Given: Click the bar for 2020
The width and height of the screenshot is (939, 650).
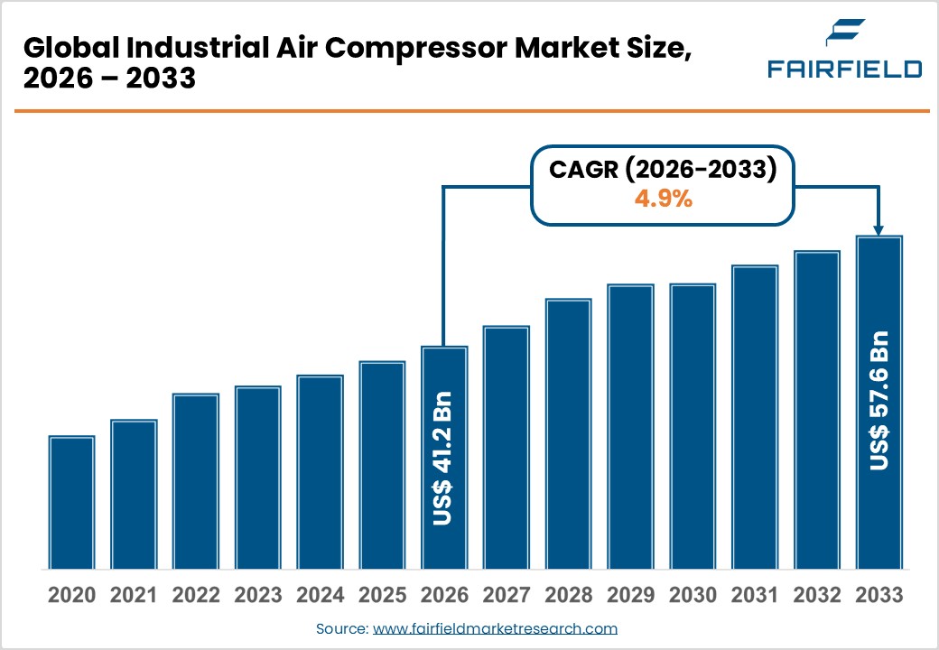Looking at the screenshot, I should click(72, 503).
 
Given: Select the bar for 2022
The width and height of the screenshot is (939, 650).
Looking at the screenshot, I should click(196, 481).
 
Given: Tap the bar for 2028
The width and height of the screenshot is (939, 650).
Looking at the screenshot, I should click(568, 434).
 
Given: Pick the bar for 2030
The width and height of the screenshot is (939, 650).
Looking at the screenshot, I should click(693, 426).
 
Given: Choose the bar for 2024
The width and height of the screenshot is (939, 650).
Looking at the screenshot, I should click(320, 472).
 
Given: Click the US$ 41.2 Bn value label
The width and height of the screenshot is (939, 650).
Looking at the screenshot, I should click(443, 458).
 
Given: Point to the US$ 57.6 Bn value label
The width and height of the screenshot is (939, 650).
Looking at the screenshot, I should click(879, 400).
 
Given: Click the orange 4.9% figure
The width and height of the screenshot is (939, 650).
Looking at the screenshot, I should click(663, 200).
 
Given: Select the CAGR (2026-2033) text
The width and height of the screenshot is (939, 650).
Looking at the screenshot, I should click(663, 169).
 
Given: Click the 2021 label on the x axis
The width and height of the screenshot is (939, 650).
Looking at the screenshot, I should click(134, 596).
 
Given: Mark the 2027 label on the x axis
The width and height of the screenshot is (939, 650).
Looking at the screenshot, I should click(506, 596).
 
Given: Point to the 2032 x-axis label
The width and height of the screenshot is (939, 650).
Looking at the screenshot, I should click(816, 596).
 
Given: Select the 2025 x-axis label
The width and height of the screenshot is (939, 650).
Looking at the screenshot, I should click(382, 596).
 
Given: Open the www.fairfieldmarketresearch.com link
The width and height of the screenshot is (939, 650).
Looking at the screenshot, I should click(495, 628).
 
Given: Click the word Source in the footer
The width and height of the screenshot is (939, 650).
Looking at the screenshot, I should click(341, 628).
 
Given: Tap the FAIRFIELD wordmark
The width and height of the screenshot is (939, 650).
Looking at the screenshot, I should click(844, 70).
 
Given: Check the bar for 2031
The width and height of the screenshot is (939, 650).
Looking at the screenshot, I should click(755, 417).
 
